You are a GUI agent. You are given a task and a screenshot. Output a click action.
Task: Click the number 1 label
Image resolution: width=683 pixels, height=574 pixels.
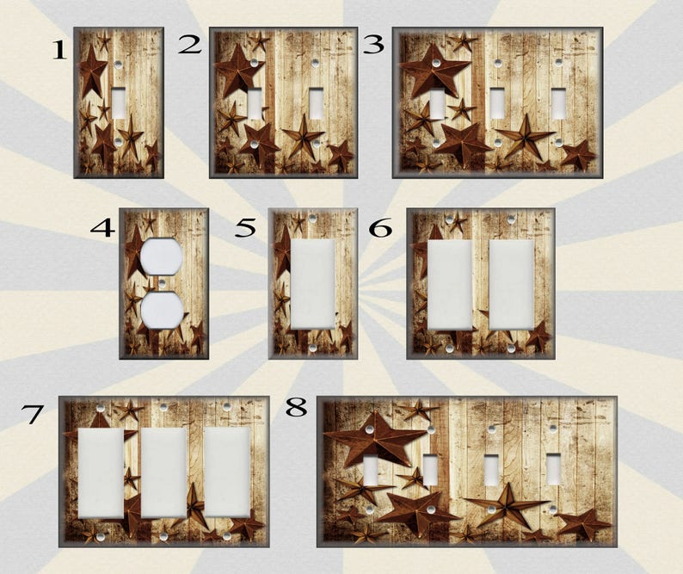pos(58,51)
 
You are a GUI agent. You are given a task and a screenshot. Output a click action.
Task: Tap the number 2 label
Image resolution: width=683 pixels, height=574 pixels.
pos(189,45)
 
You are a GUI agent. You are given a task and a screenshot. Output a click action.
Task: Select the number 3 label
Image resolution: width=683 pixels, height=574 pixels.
pos(372,44)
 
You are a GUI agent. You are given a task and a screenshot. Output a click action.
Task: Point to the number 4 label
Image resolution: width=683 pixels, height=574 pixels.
pos(102,228)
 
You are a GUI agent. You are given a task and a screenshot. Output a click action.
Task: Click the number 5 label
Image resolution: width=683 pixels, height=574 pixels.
pos(246,228)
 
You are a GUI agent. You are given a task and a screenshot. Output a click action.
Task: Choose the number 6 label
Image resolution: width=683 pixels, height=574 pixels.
pos(380,228)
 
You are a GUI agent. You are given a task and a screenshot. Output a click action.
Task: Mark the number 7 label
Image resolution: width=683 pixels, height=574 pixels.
pos(32,414)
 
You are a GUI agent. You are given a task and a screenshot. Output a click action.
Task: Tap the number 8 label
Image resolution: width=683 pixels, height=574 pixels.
pos(296,407)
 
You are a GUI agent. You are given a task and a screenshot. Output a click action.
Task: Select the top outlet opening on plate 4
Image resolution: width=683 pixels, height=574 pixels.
pos(161,256)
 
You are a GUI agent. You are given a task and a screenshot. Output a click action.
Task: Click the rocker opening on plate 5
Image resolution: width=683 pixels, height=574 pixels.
pos(312,283)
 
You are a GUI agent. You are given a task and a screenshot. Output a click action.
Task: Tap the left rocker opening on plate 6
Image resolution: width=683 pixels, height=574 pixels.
pos(449,284)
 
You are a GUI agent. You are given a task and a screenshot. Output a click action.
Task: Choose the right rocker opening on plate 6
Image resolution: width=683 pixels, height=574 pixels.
pos(510,284)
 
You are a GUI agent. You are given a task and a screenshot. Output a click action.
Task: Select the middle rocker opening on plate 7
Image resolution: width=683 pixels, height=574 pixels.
pos(163,472)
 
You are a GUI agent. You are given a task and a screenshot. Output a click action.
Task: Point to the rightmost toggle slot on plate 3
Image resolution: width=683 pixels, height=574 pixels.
pos(559,104)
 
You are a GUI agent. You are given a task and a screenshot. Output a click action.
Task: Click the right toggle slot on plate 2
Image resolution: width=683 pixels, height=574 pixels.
pos(317,103)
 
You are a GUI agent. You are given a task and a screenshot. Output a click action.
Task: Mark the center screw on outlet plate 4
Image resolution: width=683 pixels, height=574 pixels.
pos(161,283)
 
